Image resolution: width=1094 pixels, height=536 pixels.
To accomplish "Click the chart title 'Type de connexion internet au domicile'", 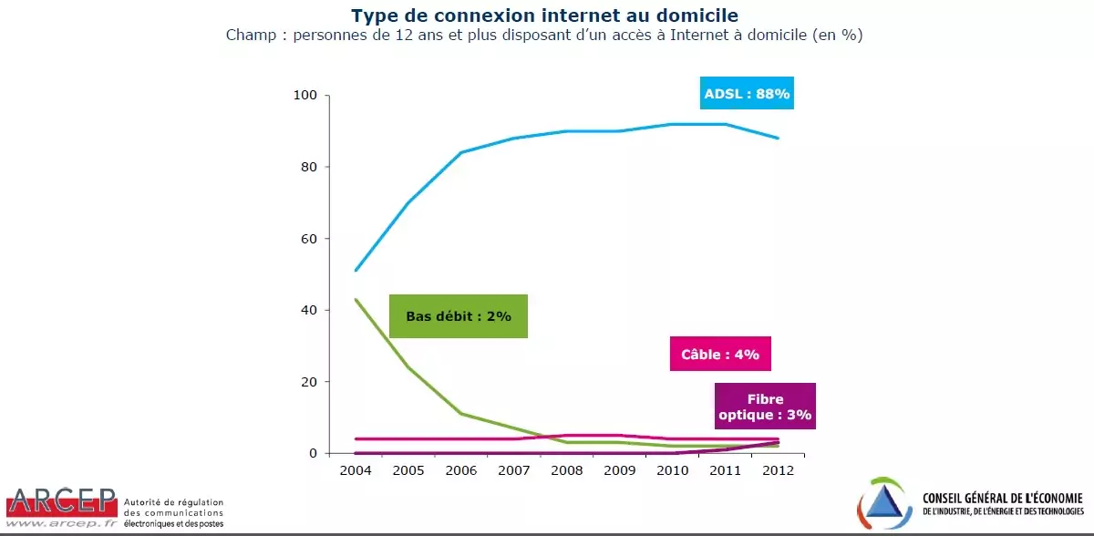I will (545, 15).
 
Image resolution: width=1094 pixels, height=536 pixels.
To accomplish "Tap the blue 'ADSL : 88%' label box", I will (747, 93).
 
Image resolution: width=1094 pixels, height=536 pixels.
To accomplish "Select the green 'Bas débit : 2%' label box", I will (459, 316).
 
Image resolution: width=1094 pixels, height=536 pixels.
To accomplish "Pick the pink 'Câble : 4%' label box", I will (720, 355).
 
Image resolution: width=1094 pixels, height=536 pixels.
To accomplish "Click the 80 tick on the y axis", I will (308, 167).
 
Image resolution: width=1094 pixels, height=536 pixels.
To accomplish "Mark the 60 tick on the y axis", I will (308, 239).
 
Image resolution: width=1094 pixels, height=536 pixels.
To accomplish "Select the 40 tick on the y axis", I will (308, 310).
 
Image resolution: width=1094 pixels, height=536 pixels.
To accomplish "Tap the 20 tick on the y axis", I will (308, 382).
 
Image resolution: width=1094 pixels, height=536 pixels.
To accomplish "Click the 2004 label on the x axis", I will (356, 470).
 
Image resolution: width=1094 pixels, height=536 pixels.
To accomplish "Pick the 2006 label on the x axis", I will (461, 470).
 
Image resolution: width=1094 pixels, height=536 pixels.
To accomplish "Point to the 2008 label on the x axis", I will (567, 470).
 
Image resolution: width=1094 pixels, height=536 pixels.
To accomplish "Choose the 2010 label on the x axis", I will (673, 470).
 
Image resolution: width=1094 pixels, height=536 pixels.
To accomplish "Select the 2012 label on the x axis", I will (779, 470).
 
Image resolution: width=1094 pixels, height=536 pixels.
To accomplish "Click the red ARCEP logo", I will (61, 503).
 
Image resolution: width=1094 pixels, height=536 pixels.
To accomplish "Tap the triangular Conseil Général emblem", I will (885, 504).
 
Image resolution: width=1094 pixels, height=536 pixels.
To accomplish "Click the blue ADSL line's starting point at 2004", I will (356, 270).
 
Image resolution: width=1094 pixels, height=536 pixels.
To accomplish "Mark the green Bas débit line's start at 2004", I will (356, 299).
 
